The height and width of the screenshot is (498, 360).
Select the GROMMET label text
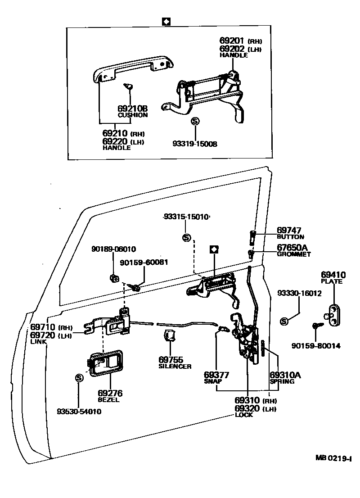pos(293,254)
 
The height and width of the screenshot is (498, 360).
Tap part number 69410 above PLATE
pos(333,275)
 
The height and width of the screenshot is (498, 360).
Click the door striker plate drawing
pos(333,312)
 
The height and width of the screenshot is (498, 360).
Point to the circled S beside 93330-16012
pos(284,321)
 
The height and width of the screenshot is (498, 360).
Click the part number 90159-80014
pos(315,346)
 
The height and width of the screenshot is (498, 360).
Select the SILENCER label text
pos(175,367)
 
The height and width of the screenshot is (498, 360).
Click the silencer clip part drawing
pos(170,336)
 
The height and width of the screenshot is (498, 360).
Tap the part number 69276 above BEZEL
pos(110,393)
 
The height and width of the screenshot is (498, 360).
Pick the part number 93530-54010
pos(79,412)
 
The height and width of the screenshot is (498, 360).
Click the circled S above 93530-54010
pos(79,378)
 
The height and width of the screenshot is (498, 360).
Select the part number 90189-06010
pos(113,249)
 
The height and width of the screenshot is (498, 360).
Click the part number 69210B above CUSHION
pos(132,109)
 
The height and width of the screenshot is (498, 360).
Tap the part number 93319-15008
pos(194,144)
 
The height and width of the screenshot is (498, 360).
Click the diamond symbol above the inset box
pos(166,21)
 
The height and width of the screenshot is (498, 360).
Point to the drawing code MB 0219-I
pos(333,458)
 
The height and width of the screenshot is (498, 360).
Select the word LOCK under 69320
pos(243,415)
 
